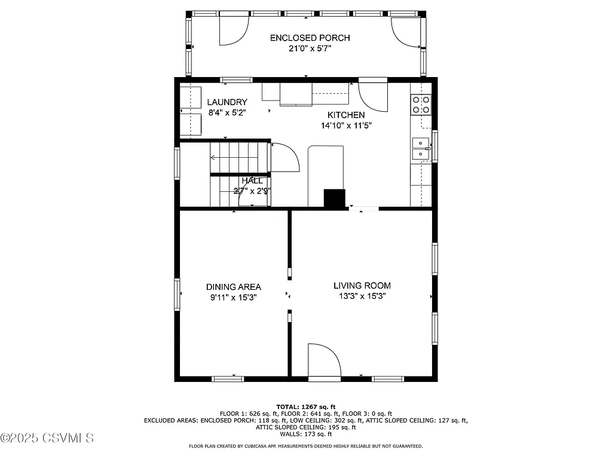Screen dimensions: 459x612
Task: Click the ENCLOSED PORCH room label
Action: coord(310,38)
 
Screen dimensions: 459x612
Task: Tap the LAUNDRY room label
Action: coord(227,102)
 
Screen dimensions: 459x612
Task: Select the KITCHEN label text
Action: coord(345,115)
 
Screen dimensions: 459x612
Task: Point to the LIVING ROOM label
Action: coord(362,286)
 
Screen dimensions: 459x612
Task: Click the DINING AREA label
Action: coord(234,287)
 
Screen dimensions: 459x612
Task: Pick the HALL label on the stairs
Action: coord(252,180)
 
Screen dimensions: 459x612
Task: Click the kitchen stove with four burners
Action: coord(421,105)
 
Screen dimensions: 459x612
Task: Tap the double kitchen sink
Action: coord(421,148)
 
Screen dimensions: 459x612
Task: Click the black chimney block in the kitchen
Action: coord(335,198)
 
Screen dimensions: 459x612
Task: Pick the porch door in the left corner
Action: coord(234,30)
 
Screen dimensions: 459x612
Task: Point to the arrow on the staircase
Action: coord(213,158)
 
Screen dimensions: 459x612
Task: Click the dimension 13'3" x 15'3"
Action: coord(362,296)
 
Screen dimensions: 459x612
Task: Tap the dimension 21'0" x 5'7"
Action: coord(310,49)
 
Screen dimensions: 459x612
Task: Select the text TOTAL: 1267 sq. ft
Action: coord(305,406)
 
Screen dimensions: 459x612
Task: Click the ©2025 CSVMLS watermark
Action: coord(48,438)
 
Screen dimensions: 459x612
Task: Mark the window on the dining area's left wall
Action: coord(177,294)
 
